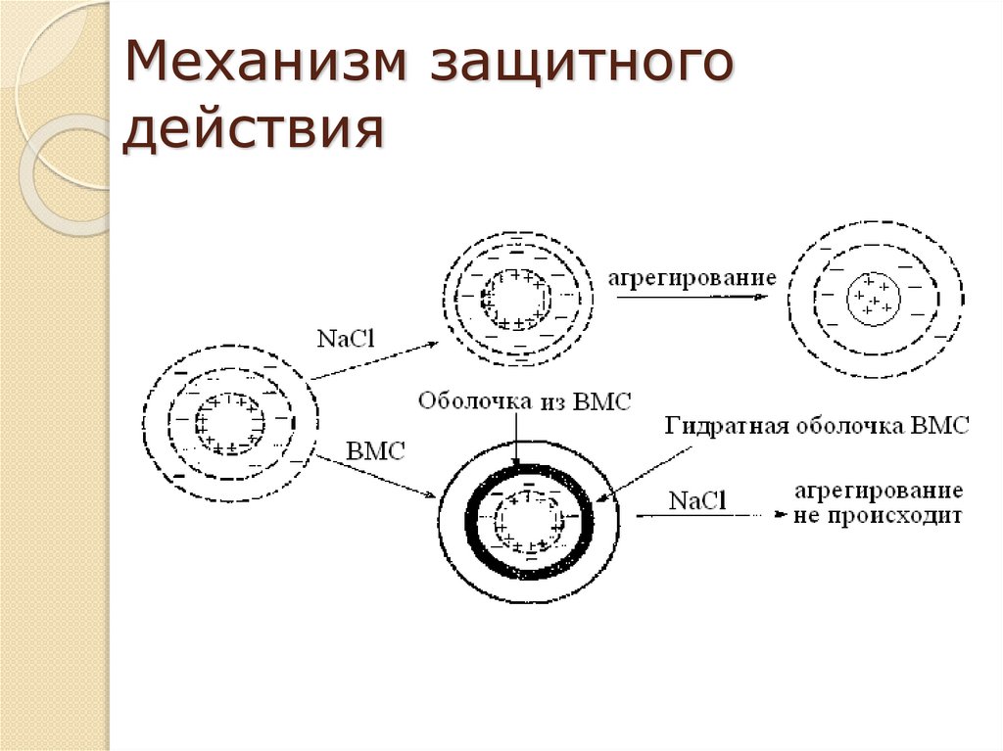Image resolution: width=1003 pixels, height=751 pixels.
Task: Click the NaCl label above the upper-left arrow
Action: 347,338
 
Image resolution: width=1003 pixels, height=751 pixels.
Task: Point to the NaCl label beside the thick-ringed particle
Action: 697,500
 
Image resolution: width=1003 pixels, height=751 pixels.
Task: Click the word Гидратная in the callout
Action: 714,426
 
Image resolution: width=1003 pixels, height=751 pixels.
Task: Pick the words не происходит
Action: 879,514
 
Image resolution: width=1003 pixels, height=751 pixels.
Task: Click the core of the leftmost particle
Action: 230,424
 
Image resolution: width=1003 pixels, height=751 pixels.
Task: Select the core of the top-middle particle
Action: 516,298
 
